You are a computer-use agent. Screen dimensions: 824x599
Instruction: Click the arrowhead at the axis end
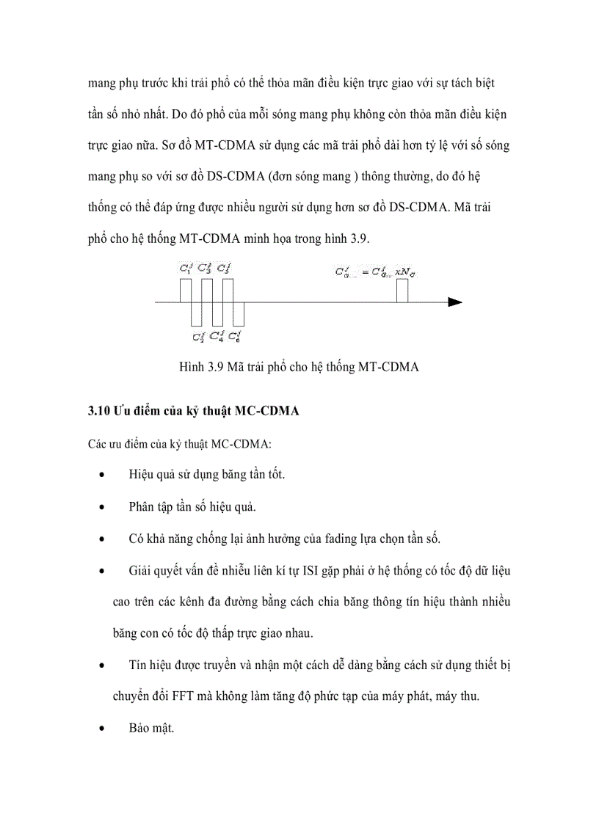pyautogui.click(x=456, y=302)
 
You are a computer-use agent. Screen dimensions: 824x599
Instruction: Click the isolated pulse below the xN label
pyautogui.click(x=402, y=291)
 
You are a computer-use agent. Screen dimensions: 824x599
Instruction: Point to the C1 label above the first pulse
pyautogui.click(x=186, y=269)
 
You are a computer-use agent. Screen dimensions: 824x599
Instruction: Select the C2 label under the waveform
pyautogui.click(x=198, y=337)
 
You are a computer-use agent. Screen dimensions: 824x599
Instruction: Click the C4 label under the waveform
pyautogui.click(x=217, y=337)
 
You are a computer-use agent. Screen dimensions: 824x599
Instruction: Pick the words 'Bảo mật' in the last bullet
pyautogui.click(x=151, y=728)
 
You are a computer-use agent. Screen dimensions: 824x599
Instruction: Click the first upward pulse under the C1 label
pyautogui.click(x=186, y=291)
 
